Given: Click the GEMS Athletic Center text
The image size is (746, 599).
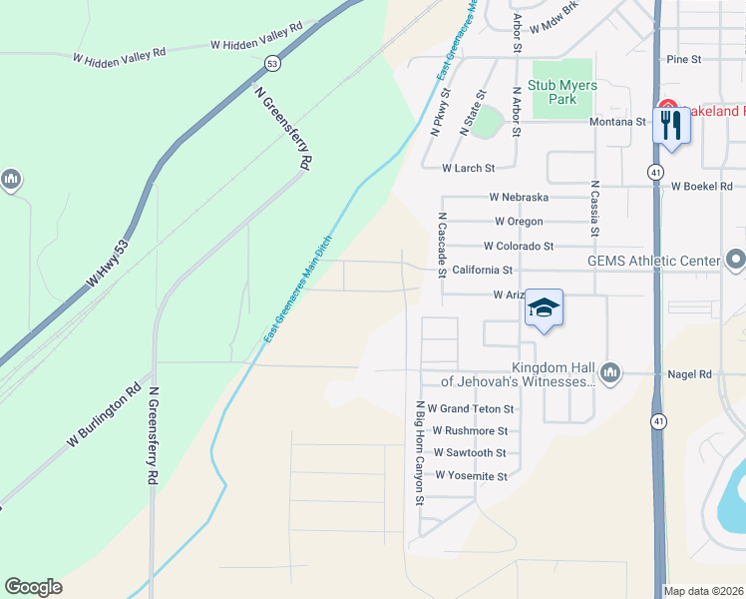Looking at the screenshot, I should (652, 262).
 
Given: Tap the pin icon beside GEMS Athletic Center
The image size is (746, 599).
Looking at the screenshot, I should (736, 261).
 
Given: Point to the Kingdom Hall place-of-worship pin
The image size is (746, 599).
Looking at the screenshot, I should (610, 373).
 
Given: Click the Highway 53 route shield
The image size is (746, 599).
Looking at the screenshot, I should (271, 64).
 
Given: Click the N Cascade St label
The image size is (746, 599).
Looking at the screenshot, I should (440, 245).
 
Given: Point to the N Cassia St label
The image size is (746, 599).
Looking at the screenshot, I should (594, 209).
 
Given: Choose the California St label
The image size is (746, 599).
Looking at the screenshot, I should (482, 270).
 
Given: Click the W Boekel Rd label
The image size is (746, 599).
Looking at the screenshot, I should (701, 186).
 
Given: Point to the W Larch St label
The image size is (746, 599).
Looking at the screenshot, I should (469, 168).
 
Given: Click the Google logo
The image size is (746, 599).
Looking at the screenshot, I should (33, 587).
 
